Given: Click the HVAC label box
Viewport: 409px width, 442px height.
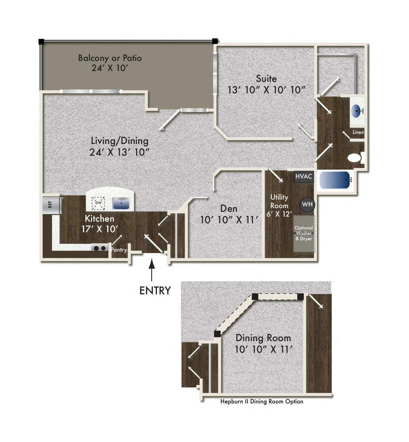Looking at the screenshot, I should coord(304,176).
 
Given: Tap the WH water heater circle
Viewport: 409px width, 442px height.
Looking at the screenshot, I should coord(307,205).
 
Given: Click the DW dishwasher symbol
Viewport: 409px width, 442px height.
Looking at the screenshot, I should coord(98,203).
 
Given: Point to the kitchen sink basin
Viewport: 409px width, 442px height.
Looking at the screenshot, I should coord(121,203).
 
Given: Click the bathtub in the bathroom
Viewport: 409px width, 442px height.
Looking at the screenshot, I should coord(335,180).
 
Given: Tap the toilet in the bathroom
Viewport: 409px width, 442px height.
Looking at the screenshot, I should coord(355,158).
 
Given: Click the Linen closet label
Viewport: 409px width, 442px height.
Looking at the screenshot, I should coord(358,132).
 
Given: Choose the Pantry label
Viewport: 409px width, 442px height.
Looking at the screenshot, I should coord(119,250).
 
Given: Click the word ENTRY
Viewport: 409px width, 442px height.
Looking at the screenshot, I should coord(155,291).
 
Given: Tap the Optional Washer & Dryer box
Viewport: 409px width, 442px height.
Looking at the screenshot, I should coord(304,233).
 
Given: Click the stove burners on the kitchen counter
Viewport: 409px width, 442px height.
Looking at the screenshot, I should coord(100,248).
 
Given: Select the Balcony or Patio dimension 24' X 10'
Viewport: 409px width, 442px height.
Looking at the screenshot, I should coord(110,68).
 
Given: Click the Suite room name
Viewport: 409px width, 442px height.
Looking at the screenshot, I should coord(266,79).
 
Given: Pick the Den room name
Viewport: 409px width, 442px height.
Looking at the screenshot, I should coord(229,209).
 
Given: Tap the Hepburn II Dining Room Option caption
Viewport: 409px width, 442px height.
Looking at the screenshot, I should coord(262,401).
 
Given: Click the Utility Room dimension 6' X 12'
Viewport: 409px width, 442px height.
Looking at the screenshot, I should coord(279,214).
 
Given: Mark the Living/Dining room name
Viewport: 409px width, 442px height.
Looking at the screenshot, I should coord(119,141).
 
